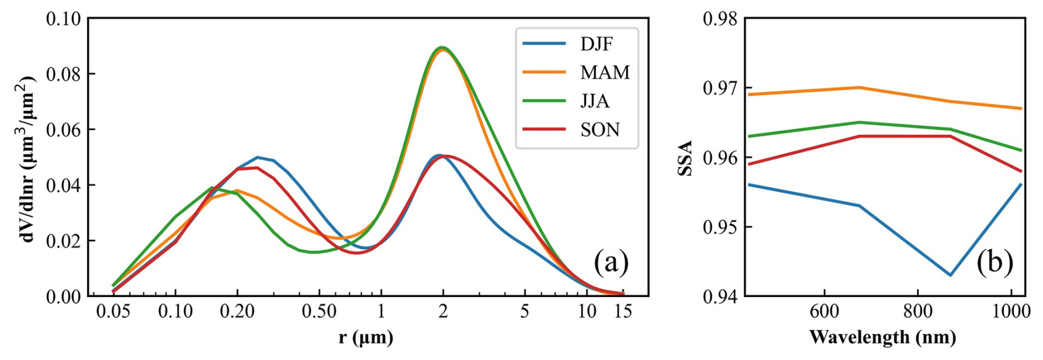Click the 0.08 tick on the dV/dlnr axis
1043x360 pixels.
63,74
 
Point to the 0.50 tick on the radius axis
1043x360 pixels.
319,312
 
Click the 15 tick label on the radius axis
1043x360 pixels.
623,312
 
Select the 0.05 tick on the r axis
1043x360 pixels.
113,312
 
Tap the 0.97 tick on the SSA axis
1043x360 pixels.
720,88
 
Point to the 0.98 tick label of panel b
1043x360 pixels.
720,19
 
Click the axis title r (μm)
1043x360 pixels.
366,337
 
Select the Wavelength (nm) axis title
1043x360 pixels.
882,337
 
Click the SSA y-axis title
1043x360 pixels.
684,158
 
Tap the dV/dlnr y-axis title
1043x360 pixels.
28,158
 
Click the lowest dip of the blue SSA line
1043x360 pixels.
950,275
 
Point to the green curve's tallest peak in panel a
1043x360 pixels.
442,47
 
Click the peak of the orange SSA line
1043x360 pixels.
859,87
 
